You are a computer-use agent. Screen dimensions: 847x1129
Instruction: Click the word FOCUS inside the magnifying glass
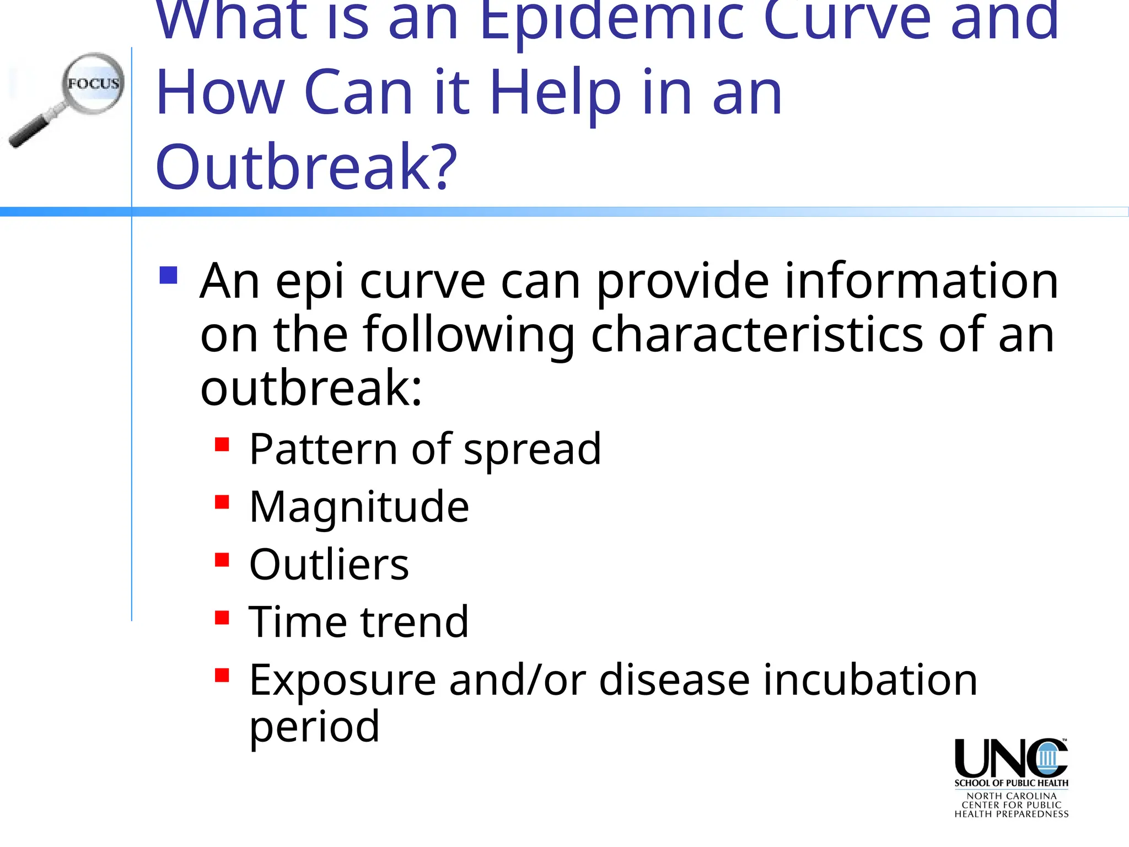93,84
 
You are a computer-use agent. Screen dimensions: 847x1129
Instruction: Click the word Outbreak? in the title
306,167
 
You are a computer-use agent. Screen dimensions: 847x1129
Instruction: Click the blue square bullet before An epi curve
168,275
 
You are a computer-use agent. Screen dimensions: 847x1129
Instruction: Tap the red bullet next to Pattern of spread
222,444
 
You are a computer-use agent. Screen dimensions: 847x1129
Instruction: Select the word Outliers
329,565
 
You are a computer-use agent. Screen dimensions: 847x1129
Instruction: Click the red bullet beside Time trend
222,618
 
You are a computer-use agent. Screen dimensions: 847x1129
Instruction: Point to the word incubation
870,680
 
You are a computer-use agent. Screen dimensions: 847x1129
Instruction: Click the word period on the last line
314,727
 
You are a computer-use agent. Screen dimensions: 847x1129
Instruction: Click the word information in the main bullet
921,281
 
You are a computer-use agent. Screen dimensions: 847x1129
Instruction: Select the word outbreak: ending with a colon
311,388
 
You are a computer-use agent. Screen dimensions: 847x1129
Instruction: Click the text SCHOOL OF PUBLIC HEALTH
1011,783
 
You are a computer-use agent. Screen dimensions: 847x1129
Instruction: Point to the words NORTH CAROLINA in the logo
1011,796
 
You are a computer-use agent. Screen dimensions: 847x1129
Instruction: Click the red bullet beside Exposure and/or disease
222,676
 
